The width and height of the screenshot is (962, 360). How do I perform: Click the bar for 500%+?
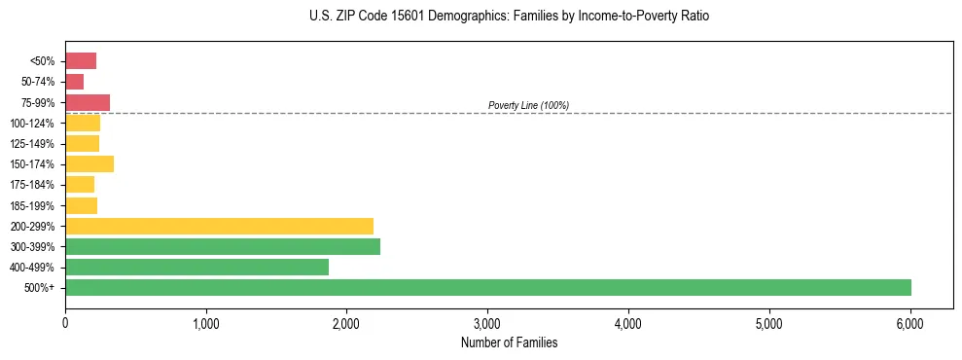pyautogui.click(x=487, y=288)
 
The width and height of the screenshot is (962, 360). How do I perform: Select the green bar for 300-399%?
pyautogui.click(x=223, y=247)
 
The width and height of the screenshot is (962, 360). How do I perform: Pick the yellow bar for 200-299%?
pyautogui.click(x=219, y=226)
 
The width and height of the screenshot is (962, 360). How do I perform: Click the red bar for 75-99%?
pyautogui.click(x=88, y=102)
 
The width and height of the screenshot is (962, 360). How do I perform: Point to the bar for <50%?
pyautogui.click(x=81, y=61)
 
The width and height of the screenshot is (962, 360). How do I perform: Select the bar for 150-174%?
pyautogui.click(x=89, y=164)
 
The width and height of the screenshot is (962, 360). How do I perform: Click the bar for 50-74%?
pyautogui.click(x=74, y=82)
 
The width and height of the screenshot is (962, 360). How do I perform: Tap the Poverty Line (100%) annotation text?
pyautogui.click(x=528, y=105)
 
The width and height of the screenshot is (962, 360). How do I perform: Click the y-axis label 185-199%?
pyautogui.click(x=32, y=205)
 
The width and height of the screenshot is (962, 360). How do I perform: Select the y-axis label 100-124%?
pyautogui.click(x=32, y=124)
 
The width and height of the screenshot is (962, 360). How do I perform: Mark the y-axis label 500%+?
pyautogui.click(x=41, y=288)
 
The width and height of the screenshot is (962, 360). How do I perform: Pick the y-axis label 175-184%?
pyautogui.click(x=32, y=185)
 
